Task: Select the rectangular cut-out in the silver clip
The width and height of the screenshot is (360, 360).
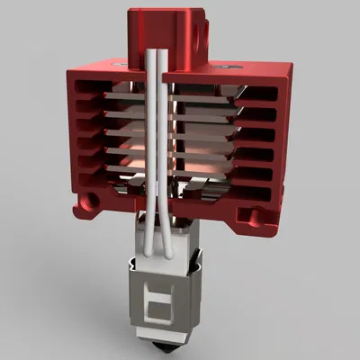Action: coord(160,303)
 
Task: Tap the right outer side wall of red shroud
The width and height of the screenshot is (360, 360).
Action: coord(283,135)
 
